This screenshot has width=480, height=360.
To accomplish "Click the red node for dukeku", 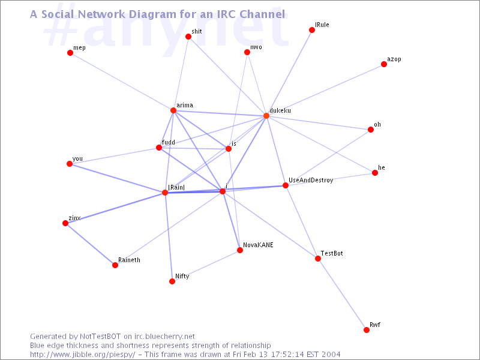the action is pyautogui.click(x=266, y=116).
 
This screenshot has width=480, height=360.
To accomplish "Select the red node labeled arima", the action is pyautogui.click(x=173, y=110).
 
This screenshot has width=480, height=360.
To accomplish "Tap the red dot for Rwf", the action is pyautogui.click(x=367, y=330).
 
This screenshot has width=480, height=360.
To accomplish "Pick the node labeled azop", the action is pyautogui.click(x=384, y=64).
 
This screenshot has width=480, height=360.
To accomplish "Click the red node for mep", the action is pyautogui.click(x=70, y=53).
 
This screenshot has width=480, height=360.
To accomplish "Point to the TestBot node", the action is pyautogui.click(x=318, y=259).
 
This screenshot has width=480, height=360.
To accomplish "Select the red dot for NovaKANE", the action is pyautogui.click(x=240, y=250).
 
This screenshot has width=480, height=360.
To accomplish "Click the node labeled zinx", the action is pyautogui.click(x=65, y=223).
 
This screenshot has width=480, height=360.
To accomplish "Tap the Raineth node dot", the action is pyautogui.click(x=115, y=265).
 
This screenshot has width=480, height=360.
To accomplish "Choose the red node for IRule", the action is pyautogui.click(x=312, y=30).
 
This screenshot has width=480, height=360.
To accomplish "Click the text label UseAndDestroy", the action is pyautogui.click(x=311, y=181).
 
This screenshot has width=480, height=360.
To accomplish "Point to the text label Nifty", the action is pyautogui.click(x=182, y=277).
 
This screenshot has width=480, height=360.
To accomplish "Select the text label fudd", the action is pyautogui.click(x=169, y=142).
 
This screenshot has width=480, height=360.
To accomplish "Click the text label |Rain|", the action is pyautogui.click(x=176, y=187).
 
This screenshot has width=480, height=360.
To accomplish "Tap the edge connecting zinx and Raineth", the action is pyautogui.click(x=91, y=244).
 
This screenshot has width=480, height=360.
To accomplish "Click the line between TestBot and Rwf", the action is pyautogui.click(x=342, y=295).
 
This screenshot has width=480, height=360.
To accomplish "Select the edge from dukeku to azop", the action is pyautogui.click(x=325, y=90).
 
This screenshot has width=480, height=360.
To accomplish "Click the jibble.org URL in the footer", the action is pyautogui.click(x=82, y=355).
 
